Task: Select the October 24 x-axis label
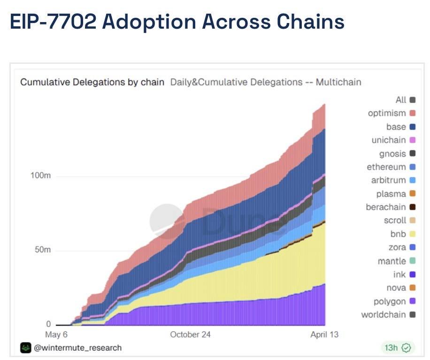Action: (x=190, y=335)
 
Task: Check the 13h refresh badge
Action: (x=397, y=348)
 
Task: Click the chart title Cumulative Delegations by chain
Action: (x=92, y=82)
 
